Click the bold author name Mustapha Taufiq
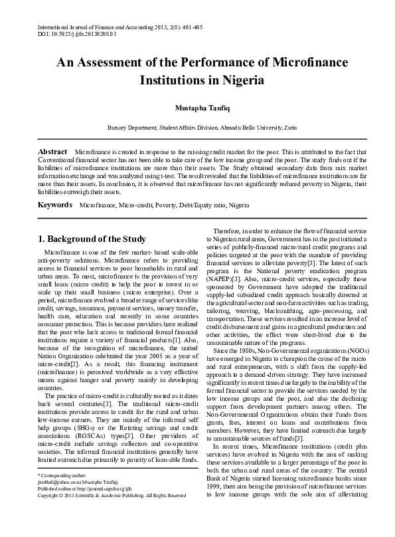(197, 107)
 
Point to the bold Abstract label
(52, 152)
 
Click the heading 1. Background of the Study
(91, 239)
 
